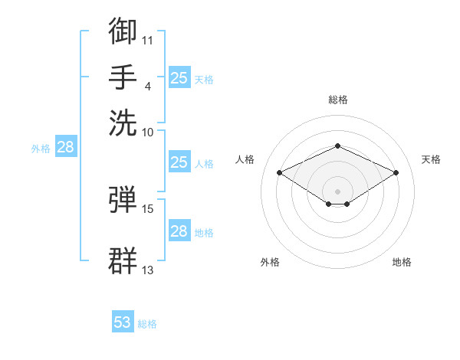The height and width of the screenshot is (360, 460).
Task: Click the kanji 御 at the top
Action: [x=123, y=31]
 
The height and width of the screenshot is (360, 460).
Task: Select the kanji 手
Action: [x=123, y=77]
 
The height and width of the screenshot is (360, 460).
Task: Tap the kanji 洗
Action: [x=123, y=123]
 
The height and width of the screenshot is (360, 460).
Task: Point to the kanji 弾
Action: [x=123, y=199]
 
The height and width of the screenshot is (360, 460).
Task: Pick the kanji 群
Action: [x=123, y=260]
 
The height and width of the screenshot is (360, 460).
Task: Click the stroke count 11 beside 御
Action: [x=147, y=41]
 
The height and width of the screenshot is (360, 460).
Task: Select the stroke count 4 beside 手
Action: [x=148, y=87]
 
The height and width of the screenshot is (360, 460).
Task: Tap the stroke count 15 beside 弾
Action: [x=147, y=209]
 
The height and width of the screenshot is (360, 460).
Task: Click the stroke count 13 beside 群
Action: [x=147, y=270]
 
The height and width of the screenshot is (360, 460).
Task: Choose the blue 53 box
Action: [x=123, y=321]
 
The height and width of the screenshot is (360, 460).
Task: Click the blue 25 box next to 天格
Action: [x=179, y=77]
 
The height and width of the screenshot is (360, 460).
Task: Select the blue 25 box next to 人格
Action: [x=179, y=162]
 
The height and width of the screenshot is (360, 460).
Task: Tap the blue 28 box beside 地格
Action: [x=179, y=230]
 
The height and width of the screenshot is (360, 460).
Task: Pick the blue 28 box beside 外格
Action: [x=66, y=146]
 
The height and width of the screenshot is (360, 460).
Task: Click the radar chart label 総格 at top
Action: [x=338, y=100]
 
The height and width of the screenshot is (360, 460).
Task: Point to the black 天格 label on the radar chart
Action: [x=431, y=159]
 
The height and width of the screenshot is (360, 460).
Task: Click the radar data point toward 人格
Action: [x=280, y=172]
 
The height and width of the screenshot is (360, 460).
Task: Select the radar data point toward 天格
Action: [x=396, y=172]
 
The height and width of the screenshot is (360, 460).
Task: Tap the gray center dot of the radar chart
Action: [x=337, y=191]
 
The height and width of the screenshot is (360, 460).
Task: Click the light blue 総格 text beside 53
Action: [x=147, y=324]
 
